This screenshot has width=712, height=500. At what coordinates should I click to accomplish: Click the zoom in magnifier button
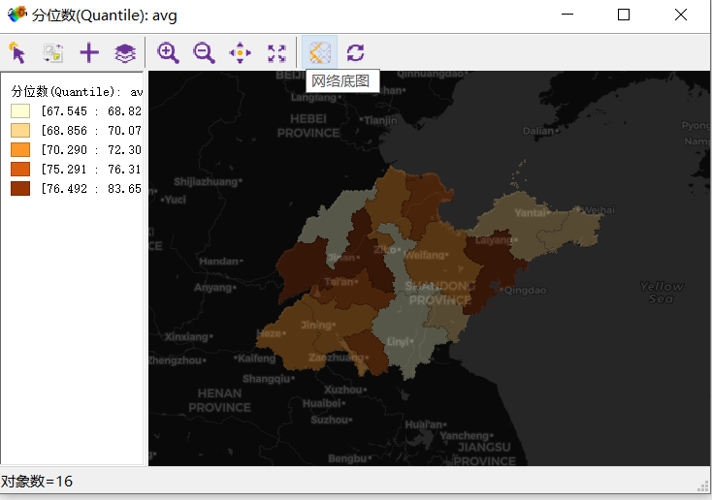coord(169,53)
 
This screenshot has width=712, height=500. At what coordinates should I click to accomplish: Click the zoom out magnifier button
coord(204,53)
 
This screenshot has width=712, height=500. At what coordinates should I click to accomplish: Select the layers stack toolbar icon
coord(125,53)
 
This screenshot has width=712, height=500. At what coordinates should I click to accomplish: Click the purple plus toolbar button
coord(89,53)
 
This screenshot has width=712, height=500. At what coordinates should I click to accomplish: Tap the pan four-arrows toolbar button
coord(240,53)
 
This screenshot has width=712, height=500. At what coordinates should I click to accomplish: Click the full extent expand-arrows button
coord(276,53)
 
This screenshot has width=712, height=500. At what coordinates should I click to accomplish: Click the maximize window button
coord(624,15)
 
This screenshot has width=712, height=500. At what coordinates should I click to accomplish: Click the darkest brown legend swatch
coord(20,188)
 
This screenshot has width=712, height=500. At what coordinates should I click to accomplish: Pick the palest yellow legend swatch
coord(20,110)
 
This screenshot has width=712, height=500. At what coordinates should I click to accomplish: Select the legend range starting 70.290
coord(90,149)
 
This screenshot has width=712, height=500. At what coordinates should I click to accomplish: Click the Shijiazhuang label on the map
coord(205,181)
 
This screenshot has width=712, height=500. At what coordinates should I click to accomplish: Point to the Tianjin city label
coord(380,120)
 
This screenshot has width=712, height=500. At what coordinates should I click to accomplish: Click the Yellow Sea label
coord(662,292)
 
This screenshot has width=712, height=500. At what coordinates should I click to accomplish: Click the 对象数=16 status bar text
coord(37,482)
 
